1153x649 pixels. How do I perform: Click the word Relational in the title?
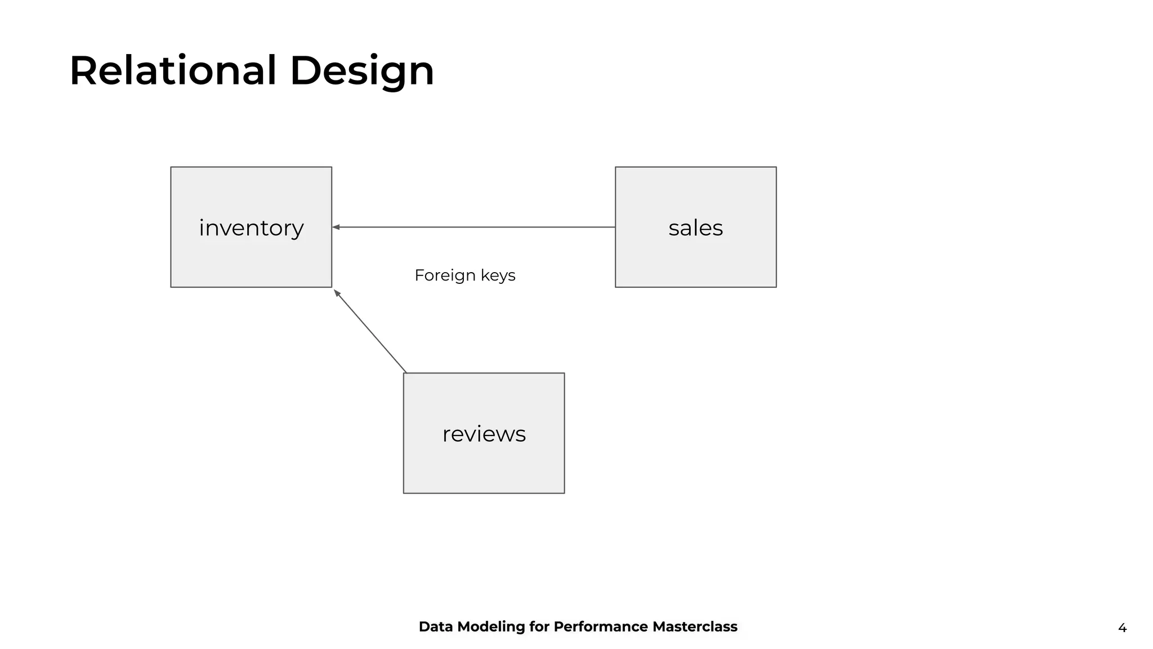[173, 71]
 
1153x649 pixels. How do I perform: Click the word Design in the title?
[361, 71]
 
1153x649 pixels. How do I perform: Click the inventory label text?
[251, 228]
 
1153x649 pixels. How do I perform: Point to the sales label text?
[695, 228]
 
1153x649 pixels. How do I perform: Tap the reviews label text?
[484, 434]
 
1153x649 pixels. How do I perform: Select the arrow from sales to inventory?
[473, 227]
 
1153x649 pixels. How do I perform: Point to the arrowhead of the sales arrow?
[336, 227]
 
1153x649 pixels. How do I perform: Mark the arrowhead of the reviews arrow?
[337, 293]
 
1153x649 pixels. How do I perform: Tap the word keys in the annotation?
[498, 275]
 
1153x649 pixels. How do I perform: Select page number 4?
[1122, 628]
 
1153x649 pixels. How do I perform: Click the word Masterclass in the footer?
[695, 626]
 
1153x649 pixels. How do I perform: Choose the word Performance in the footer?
[600, 626]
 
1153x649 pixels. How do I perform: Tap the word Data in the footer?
[436, 626]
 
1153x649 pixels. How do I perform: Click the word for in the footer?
[539, 626]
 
